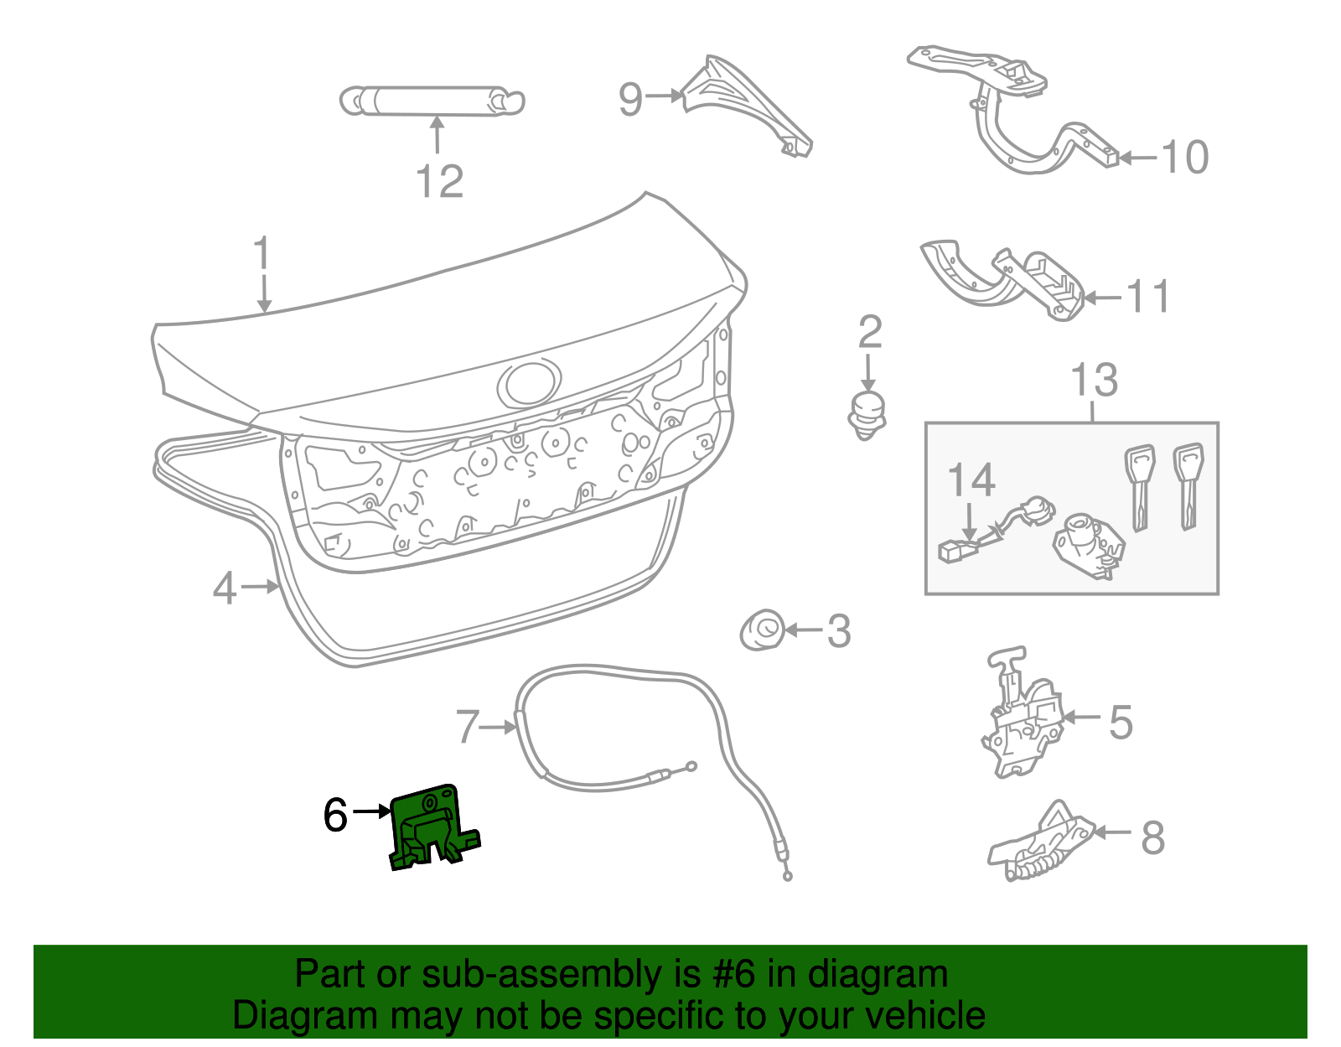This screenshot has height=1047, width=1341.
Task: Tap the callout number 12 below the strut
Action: point(439,182)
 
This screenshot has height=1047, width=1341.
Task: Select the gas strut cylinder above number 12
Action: point(431,101)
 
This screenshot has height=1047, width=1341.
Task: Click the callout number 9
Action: point(630,99)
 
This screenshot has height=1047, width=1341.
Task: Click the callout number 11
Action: point(1148,297)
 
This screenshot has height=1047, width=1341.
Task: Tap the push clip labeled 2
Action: point(867,415)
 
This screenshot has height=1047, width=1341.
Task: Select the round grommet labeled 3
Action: point(763,630)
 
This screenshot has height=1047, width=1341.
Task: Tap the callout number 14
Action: point(971,480)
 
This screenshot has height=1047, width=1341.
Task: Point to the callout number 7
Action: point(468,727)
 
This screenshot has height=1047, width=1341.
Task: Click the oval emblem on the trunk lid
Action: point(529,384)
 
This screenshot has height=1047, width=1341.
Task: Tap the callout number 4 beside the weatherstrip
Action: point(225,588)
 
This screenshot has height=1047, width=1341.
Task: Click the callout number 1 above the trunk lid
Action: point(262,252)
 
